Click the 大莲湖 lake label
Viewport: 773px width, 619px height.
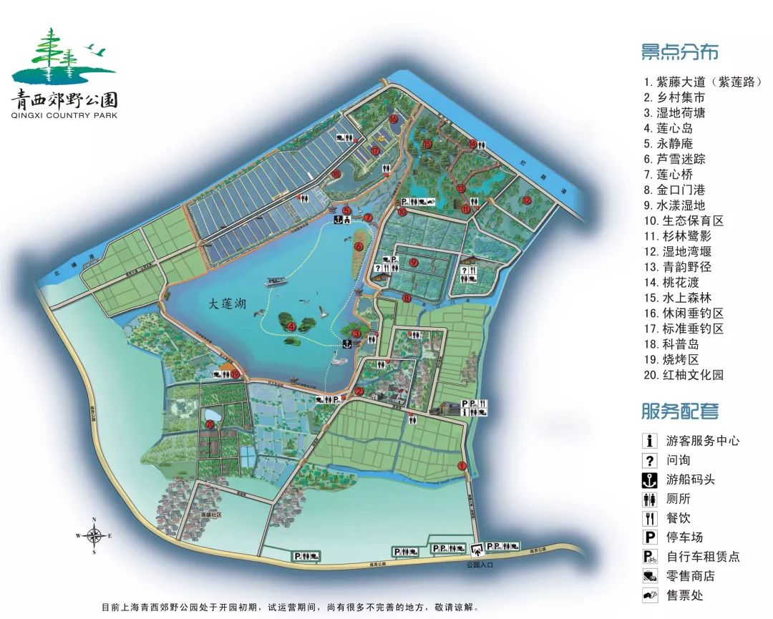227,304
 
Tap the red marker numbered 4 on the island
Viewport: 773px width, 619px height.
291,326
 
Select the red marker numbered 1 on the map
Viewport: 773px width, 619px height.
462,466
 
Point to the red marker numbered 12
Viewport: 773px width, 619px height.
527,200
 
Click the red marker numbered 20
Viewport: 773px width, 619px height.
210,424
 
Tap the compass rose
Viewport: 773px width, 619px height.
94,535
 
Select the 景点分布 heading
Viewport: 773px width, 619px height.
679,52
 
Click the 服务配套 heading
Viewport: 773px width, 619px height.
679,411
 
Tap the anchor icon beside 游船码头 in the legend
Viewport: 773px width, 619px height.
650,480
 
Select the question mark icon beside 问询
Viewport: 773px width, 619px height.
650,461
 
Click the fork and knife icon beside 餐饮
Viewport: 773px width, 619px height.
650,519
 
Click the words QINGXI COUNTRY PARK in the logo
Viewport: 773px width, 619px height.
64,114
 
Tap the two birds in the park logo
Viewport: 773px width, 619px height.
95,50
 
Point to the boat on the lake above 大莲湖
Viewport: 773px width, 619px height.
276,281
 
